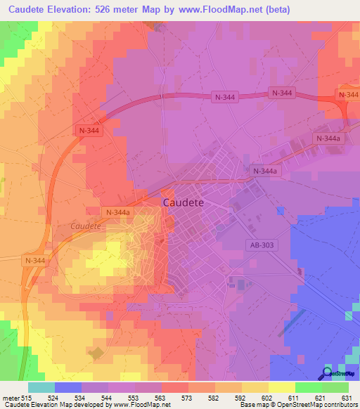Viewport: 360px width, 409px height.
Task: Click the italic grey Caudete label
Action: (x=85, y=226)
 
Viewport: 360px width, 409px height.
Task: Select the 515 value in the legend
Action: (x=27, y=397)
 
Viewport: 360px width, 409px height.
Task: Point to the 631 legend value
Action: (x=345, y=397)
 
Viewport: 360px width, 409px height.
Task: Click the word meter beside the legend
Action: (x=9, y=397)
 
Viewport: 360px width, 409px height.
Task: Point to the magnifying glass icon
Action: (x=326, y=373)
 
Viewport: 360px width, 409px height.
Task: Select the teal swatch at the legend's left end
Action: (x=41, y=387)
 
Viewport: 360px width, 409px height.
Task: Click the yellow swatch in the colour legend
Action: (x=282, y=387)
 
